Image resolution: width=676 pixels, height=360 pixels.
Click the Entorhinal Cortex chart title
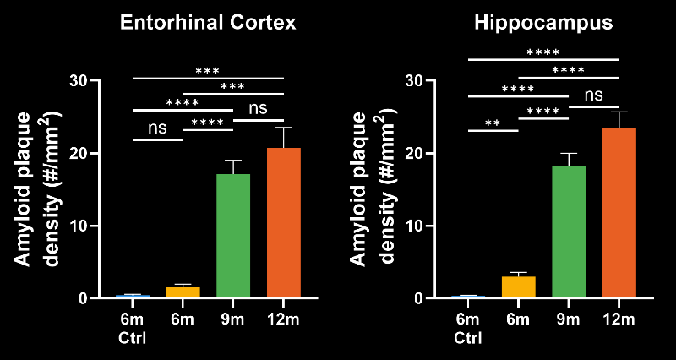click(x=207, y=23)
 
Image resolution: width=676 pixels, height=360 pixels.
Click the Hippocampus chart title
click(x=543, y=23)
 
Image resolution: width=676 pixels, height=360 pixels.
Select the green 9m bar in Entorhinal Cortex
click(x=233, y=236)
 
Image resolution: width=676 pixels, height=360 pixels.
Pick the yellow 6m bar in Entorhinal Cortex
click(x=183, y=292)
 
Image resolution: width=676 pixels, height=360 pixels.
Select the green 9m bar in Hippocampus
click(x=569, y=232)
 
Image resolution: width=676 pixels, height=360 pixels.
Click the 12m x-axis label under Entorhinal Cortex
click(x=283, y=319)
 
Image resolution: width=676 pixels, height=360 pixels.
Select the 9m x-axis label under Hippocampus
click(x=569, y=319)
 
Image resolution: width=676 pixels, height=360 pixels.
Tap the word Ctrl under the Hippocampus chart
click(x=467, y=339)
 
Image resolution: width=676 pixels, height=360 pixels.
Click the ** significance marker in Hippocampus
click(x=493, y=123)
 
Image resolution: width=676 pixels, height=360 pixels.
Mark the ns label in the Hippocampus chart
click(x=594, y=95)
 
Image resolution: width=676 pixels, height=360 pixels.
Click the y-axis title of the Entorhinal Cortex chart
click(x=40, y=188)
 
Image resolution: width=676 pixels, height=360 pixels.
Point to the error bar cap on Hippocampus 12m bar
click(x=619, y=112)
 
